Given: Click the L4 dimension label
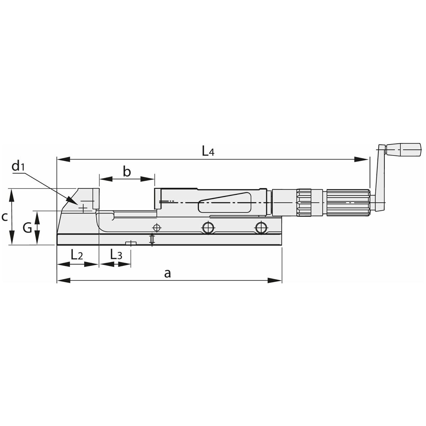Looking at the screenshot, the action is point(208,152).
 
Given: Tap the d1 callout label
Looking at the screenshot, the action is point(18,166).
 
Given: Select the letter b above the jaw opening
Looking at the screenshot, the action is point(127,172).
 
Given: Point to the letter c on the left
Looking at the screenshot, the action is point(5,217).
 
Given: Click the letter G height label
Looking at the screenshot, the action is point(27,228).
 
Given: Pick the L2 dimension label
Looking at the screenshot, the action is point(77,255).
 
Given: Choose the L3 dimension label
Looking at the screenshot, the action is point(116,255).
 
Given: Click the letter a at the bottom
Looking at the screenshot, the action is point(168,274).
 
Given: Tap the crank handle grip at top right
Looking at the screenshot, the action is point(403,150).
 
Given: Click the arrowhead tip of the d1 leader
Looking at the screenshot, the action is point(77,204).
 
